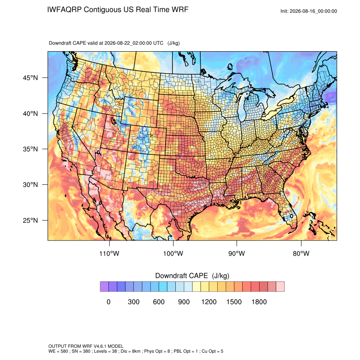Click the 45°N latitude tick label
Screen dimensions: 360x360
pyautogui.click(x=30, y=78)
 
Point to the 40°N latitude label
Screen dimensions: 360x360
pyautogui.click(x=30, y=114)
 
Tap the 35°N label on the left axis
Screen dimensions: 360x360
pyautogui.click(x=30, y=149)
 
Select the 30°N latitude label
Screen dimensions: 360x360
pyautogui.click(x=30, y=185)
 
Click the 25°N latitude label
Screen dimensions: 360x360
pyautogui.click(x=30, y=220)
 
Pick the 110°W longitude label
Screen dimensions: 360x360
pyautogui.click(x=109, y=253)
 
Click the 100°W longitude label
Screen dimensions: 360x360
pyautogui.click(x=173, y=253)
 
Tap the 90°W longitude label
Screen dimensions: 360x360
pyautogui.click(x=237, y=253)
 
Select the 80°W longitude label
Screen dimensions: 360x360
pyautogui.click(x=301, y=253)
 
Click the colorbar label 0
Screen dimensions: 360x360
pyautogui.click(x=108, y=302)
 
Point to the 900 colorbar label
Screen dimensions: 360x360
pyautogui.click(x=184, y=302)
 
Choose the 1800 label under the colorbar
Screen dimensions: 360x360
pyautogui.click(x=259, y=302)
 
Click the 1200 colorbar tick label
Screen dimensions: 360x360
pyautogui.click(x=209, y=302)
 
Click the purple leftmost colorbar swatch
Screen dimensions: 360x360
pyautogui.click(x=104, y=287)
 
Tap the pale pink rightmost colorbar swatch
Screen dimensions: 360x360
pyautogui.click(x=280, y=287)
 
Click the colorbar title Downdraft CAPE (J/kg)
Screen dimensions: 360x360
pyautogui.click(x=192, y=276)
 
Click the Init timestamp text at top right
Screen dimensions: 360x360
pyautogui.click(x=309, y=11)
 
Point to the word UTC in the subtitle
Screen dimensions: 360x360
pyautogui.click(x=158, y=43)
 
